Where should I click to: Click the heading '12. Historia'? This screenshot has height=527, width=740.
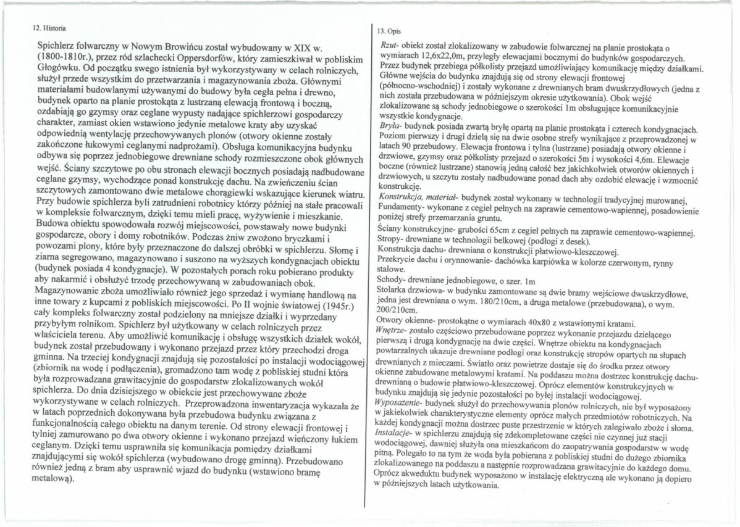(x=49, y=28)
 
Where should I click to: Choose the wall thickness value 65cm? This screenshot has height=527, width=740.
(x=488, y=231)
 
